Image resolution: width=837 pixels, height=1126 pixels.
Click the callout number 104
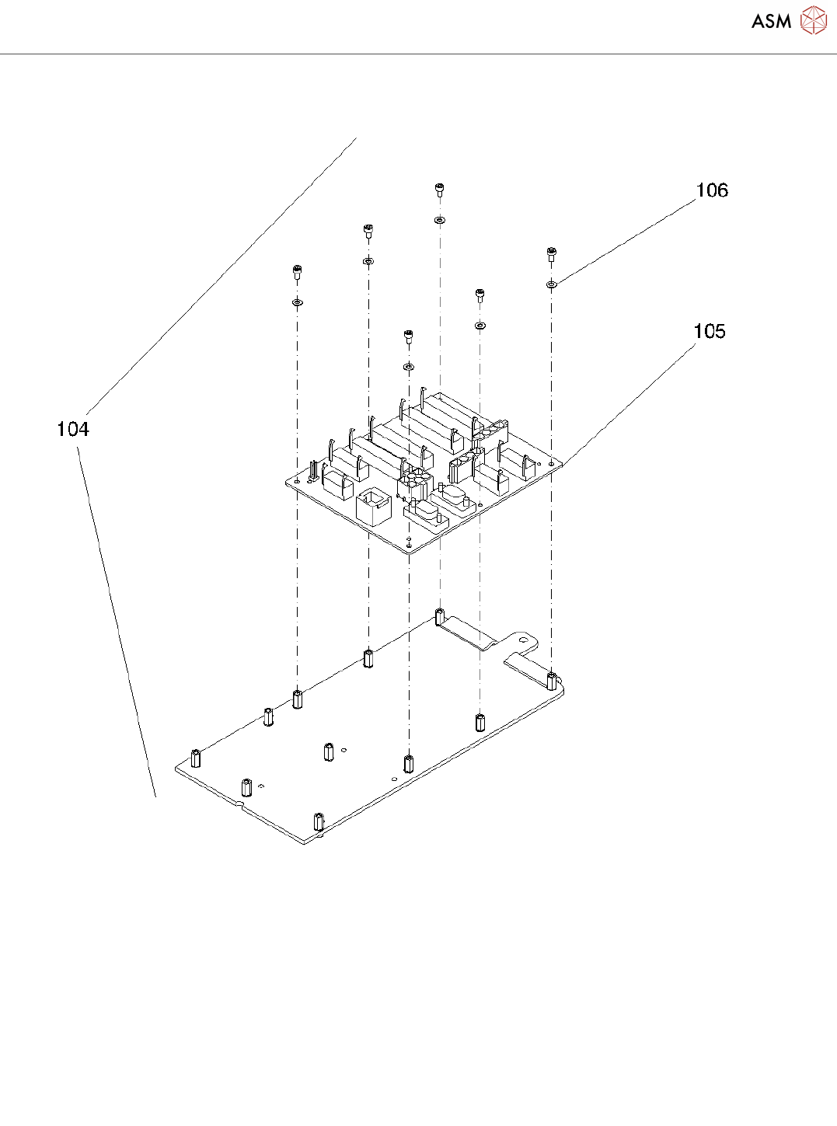[x=73, y=429]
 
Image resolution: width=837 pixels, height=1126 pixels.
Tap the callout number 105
[x=709, y=332]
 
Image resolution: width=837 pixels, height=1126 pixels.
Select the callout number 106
[x=711, y=190]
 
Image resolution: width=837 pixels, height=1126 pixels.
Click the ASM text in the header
[x=771, y=22]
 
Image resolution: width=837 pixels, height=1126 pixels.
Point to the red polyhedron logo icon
[x=813, y=21]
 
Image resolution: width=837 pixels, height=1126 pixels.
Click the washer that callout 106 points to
[x=551, y=284]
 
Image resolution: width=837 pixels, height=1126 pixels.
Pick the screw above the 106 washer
[x=551, y=253]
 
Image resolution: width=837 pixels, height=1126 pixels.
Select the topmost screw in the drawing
[x=440, y=189]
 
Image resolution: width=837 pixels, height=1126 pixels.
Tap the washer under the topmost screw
[x=440, y=220]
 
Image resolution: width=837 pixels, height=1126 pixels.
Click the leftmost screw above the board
[x=296, y=271]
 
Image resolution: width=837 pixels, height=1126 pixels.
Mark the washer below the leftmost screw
[x=297, y=302]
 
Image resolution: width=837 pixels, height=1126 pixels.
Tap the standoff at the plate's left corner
[x=196, y=758]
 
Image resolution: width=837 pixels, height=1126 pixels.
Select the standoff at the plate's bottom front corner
[x=318, y=821]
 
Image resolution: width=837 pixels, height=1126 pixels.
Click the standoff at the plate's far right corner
[x=552, y=682]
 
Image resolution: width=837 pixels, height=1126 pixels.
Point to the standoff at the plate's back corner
[x=440, y=617]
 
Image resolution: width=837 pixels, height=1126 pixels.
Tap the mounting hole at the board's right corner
[x=551, y=463]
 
